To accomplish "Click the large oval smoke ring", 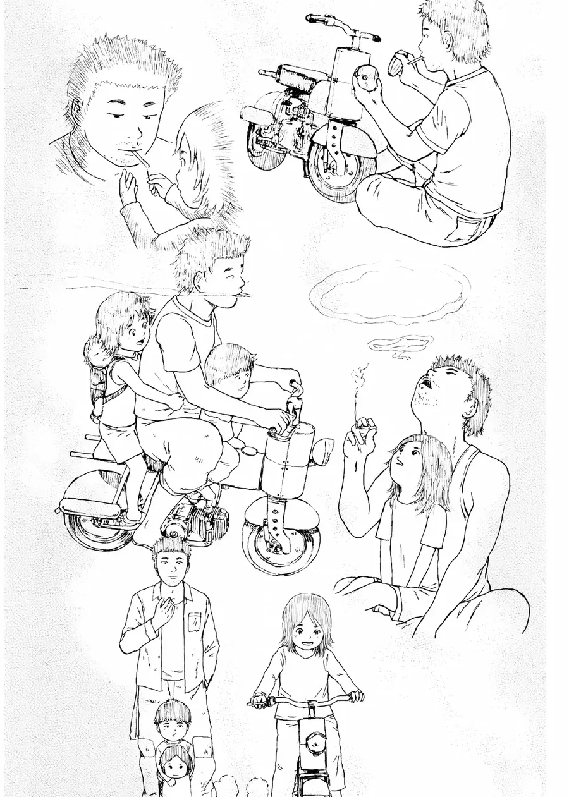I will coord(390,293).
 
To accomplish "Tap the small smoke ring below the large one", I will coord(400,344).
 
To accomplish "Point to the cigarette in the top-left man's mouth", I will coord(141,159).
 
